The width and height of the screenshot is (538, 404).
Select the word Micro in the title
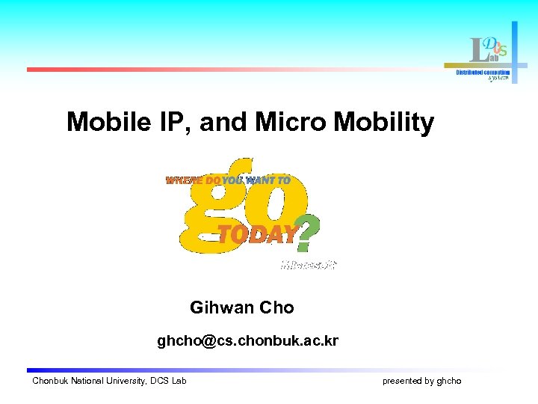tap(288, 122)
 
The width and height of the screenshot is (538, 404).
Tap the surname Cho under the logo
tap(277, 307)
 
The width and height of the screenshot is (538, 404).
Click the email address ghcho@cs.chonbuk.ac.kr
tap(247, 342)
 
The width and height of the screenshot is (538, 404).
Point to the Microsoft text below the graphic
tap(309, 264)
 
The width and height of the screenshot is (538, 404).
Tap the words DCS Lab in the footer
tap(168, 382)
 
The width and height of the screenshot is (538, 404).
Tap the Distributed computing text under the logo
tap(483, 73)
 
